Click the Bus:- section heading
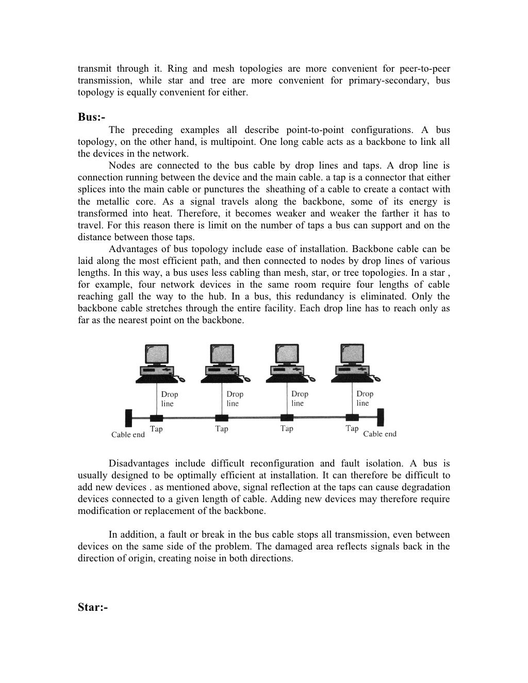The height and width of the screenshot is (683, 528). [x=91, y=117]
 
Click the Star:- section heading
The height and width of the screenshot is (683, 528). [x=93, y=608]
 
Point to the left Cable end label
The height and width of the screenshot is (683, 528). [x=128, y=435]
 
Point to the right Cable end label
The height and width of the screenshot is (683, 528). [x=379, y=434]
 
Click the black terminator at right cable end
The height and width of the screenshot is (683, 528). [x=380, y=417]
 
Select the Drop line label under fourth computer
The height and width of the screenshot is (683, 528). [x=364, y=398]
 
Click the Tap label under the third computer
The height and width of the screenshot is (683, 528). [x=287, y=428]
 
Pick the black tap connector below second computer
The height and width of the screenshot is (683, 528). [x=221, y=418]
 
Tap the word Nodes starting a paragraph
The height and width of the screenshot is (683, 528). [x=120, y=165]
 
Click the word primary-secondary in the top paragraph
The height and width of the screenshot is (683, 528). [x=388, y=80]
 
